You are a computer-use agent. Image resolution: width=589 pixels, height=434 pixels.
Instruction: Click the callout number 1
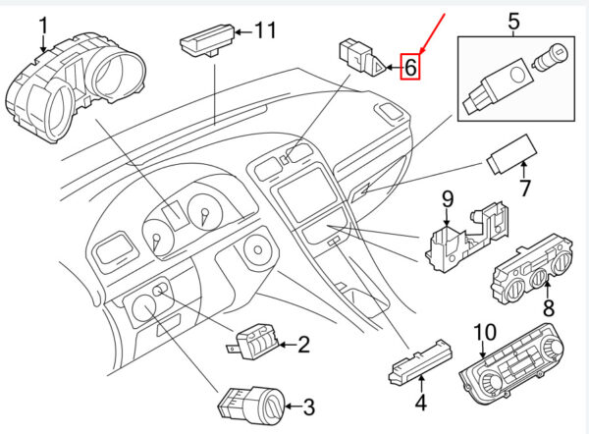[44, 26]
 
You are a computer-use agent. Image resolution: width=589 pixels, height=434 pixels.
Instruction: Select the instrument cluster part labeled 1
[76, 87]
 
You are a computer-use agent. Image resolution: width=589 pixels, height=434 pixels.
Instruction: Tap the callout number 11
[265, 30]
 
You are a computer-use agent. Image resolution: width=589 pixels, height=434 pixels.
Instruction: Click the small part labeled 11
[207, 40]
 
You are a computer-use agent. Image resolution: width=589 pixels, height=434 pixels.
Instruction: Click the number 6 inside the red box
[410, 67]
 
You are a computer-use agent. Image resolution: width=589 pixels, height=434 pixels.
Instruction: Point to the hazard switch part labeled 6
[361, 58]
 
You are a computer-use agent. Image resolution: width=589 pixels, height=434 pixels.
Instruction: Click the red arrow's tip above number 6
[421, 52]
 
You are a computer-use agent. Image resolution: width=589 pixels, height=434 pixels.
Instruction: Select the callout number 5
[513, 21]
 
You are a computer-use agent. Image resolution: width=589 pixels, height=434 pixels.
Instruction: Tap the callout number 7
[524, 188]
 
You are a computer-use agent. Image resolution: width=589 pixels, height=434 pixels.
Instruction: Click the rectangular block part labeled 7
[511, 155]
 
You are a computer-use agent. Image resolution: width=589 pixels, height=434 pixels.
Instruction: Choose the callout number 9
[447, 199]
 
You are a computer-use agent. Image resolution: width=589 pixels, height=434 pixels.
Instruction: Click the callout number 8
[549, 308]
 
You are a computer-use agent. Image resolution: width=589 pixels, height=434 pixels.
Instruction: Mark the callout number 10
[485, 333]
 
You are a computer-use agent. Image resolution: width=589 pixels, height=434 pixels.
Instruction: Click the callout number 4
[421, 402]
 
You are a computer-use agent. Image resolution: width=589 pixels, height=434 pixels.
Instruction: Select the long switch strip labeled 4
[420, 363]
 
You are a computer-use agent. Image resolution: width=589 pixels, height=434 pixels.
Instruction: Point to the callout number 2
[304, 345]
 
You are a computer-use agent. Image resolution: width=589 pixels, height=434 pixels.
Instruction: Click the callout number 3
[309, 407]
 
